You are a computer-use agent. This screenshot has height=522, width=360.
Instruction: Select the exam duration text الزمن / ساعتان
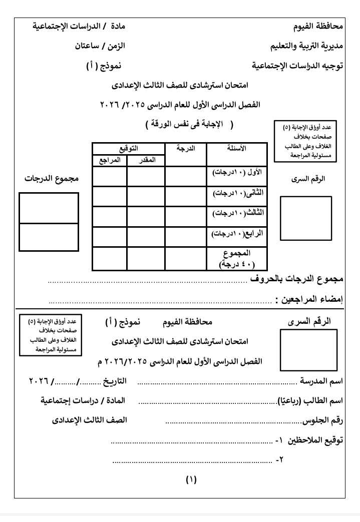pyautogui.click(x=100, y=46)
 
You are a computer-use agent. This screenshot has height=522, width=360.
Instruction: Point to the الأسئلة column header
pyautogui.click(x=236, y=149)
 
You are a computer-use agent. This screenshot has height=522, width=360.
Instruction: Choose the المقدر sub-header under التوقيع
pyautogui.click(x=146, y=160)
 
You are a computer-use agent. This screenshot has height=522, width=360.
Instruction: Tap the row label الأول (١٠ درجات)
pyautogui.click(x=237, y=173)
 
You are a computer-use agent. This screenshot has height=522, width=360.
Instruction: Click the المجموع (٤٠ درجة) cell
pyautogui.click(x=237, y=258)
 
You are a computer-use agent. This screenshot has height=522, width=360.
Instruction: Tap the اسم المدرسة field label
pyautogui.click(x=320, y=381)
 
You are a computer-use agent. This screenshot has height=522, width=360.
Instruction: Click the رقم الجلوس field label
pyautogui.click(x=323, y=420)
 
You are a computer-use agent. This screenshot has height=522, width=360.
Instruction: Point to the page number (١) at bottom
pyautogui.click(x=191, y=479)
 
